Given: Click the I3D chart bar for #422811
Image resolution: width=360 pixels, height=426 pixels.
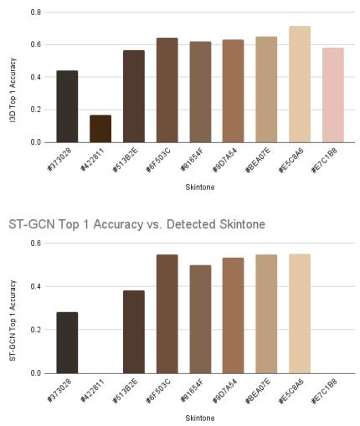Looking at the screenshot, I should (x=100, y=128).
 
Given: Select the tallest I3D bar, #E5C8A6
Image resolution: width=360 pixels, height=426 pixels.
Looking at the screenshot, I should (x=300, y=84).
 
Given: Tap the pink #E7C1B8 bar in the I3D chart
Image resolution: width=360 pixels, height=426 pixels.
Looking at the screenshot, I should (x=333, y=95).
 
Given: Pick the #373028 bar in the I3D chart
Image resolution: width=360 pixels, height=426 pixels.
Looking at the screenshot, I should (x=67, y=106).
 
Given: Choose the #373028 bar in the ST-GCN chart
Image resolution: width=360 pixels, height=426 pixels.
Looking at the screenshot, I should (x=67, y=342).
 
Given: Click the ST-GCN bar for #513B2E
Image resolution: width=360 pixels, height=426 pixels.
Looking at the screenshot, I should (x=133, y=331).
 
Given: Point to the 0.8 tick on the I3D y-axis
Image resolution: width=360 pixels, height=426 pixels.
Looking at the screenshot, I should (x=37, y=13).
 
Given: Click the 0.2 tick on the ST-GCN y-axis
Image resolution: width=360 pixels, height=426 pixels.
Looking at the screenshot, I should (x=37, y=330).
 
